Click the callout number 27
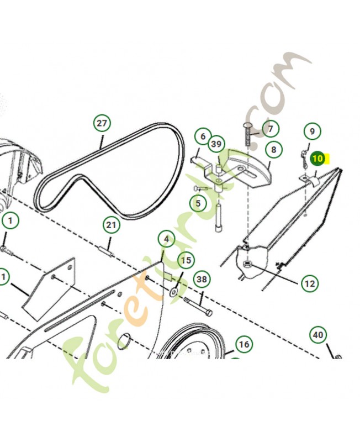(x=101, y=123)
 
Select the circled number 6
(x=203, y=136)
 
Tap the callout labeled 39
(x=216, y=144)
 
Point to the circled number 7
(x=271, y=129)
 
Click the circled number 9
(x=312, y=131)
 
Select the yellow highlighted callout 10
(x=317, y=159)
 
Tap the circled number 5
(x=198, y=203)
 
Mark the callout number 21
(x=112, y=225)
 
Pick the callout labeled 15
(x=186, y=260)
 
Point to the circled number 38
(x=203, y=280)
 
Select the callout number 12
(x=309, y=283)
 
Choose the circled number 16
(x=243, y=345)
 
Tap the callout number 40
(x=318, y=335)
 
